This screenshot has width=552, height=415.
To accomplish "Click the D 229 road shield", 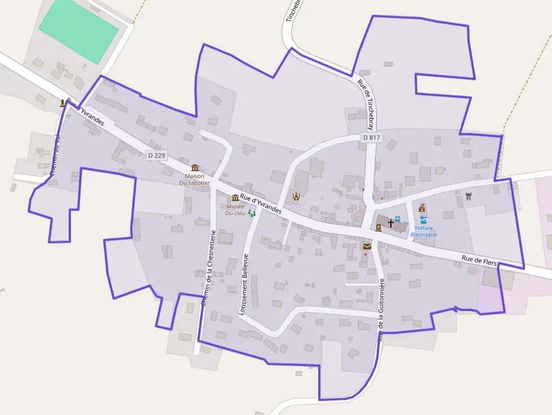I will click(x=157, y=155).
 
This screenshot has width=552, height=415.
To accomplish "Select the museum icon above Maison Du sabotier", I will click(x=195, y=167).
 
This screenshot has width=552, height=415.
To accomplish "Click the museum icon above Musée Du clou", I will click(x=235, y=198).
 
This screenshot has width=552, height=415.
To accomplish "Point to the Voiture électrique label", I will click(x=424, y=231).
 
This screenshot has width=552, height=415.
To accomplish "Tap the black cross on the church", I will click(x=391, y=224).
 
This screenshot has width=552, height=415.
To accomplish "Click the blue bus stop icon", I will click(x=398, y=219).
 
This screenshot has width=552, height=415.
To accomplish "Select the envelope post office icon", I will click(x=367, y=247).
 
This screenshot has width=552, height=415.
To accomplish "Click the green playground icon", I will click(x=252, y=213).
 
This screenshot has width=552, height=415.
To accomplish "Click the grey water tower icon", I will click(x=468, y=195).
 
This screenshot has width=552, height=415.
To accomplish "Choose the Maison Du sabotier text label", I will click(x=194, y=179).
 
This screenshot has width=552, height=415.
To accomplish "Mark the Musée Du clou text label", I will click(x=235, y=209).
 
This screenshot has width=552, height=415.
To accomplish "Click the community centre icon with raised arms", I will click(x=296, y=196).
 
